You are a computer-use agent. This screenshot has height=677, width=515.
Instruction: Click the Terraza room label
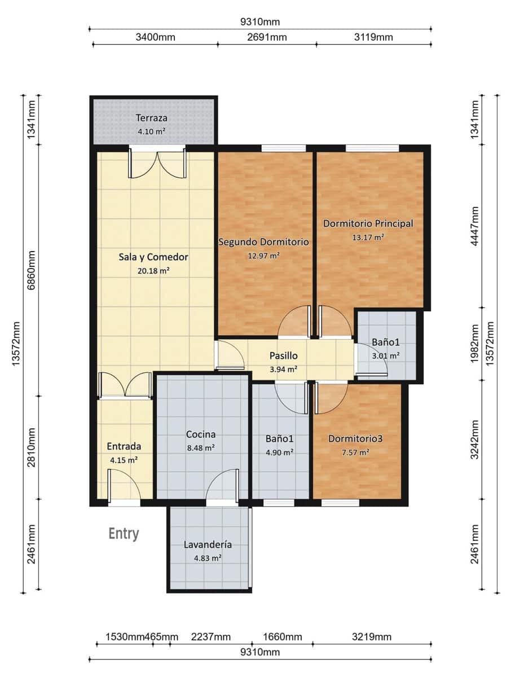(152, 118)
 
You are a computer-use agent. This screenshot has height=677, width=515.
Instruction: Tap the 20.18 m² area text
(153, 271)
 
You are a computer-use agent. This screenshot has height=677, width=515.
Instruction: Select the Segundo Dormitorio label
(263, 242)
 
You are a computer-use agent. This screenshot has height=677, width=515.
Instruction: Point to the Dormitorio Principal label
(368, 223)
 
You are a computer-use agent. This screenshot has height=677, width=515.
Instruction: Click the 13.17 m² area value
(368, 237)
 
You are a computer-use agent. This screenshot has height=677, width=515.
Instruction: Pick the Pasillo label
(284, 355)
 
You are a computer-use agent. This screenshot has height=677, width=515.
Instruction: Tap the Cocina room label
(201, 434)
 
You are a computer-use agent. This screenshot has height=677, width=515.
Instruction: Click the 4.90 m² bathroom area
(279, 452)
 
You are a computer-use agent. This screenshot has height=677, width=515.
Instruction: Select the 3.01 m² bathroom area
(386, 355)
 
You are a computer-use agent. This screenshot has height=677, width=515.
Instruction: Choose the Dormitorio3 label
(355, 438)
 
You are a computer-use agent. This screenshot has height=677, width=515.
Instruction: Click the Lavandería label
(208, 544)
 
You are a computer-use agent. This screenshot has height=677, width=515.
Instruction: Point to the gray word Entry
(124, 534)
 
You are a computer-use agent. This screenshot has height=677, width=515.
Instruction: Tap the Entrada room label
(124, 446)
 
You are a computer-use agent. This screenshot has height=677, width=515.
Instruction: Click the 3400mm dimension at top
(156, 37)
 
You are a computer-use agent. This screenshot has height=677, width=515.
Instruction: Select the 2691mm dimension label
(267, 37)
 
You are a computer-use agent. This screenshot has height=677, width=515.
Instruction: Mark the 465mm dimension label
(161, 636)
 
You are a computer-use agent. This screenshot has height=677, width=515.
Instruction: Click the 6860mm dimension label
(32, 270)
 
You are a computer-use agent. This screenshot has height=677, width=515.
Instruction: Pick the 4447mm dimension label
(475, 226)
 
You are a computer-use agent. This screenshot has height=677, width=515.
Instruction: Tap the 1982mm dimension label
(475, 344)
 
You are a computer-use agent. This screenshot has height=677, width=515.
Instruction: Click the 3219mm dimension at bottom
(372, 636)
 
